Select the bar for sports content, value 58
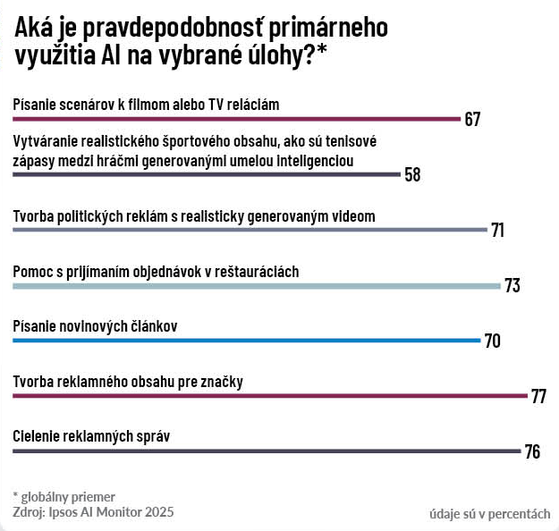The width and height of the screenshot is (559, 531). pyautogui.click(x=206, y=173)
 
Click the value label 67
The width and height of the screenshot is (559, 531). pyautogui.click(x=473, y=119)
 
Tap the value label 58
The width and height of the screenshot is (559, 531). pyautogui.click(x=412, y=174)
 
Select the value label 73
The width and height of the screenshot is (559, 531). pyautogui.click(x=512, y=286)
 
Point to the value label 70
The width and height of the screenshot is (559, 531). pyautogui.click(x=492, y=341)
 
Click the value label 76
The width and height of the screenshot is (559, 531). pyautogui.click(x=532, y=451)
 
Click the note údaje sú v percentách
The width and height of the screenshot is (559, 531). pyautogui.click(x=489, y=513)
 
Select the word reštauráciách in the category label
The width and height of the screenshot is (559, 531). pyautogui.click(x=262, y=271)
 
